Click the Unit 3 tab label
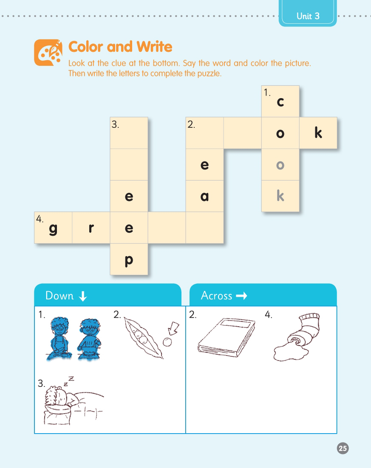308,16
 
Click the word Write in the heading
154,47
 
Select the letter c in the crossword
280,102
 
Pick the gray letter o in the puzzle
280,165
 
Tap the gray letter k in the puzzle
280,196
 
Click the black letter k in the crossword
318,133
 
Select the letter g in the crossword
53,229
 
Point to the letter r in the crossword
91,228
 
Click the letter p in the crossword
129,261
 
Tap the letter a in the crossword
204,196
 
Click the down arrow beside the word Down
83,296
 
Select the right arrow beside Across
241,296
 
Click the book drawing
227,337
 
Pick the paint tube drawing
297,337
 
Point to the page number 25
343,448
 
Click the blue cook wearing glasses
59,338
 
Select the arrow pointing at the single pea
174,328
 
